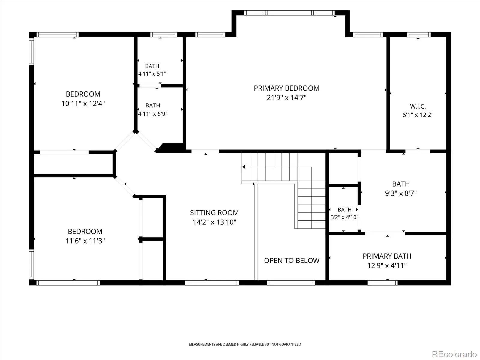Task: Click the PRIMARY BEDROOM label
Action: coord(286,88)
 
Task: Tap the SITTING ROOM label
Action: coord(214,213)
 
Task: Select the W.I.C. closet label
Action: coord(418,106)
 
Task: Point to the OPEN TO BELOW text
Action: coord(292,260)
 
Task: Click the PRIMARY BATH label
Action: coord(387,256)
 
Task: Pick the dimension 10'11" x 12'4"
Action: coord(83,103)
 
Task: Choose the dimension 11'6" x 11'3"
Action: coord(85,241)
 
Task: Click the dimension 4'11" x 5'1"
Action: coord(152,74)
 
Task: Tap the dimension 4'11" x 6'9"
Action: coord(153,114)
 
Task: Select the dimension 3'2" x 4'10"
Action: coord(344,217)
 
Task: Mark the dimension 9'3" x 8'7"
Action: coord(401,193)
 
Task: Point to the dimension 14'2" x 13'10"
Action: coord(214,222)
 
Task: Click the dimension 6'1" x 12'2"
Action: coord(418,115)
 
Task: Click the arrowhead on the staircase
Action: coord(244,167)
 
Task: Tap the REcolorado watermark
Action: coord(454,354)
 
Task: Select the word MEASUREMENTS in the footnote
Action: coord(202,344)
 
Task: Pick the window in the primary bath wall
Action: coord(382,283)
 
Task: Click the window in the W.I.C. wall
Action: coord(419,34)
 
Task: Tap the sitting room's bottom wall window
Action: coord(212,283)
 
